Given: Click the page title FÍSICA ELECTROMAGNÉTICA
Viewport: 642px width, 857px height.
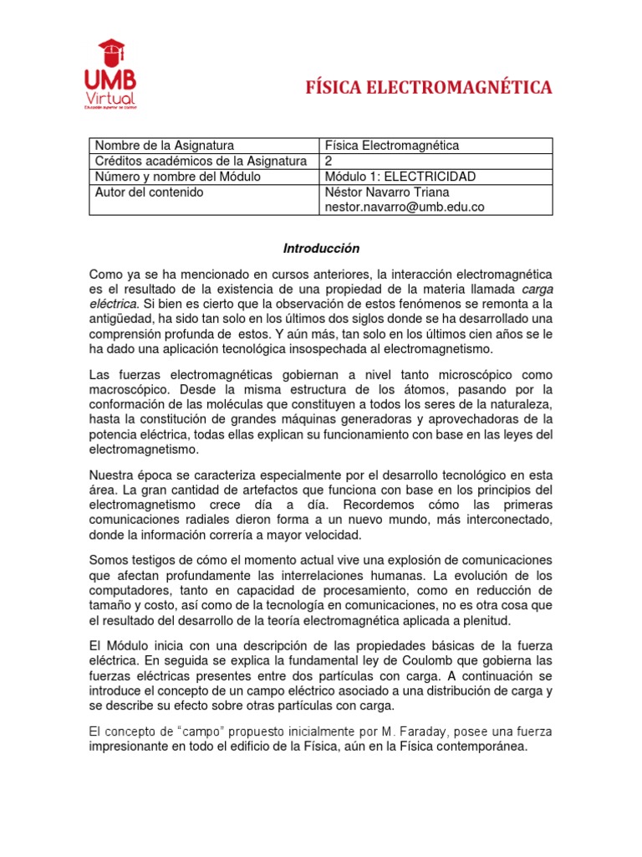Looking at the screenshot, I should pyautogui.click(x=430, y=87).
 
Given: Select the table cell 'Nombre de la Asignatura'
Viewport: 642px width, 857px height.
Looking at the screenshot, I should pyautogui.click(x=164, y=146).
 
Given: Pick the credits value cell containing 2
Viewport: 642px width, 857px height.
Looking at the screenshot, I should pyautogui.click(x=329, y=161).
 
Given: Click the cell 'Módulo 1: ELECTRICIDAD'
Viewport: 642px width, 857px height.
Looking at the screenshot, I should pyautogui.click(x=400, y=177).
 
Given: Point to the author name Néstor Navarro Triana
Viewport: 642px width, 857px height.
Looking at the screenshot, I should pyautogui.click(x=387, y=192).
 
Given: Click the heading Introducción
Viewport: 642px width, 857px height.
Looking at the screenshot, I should pyautogui.click(x=321, y=249).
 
